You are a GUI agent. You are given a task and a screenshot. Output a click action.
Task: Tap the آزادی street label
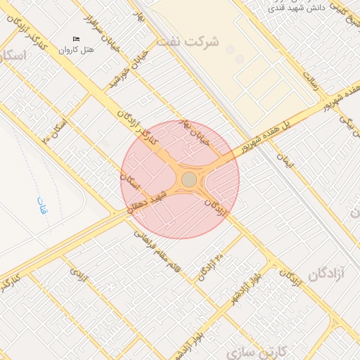(x=79, y=273)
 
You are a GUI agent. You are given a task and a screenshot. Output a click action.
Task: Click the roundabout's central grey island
(x=189, y=180)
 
